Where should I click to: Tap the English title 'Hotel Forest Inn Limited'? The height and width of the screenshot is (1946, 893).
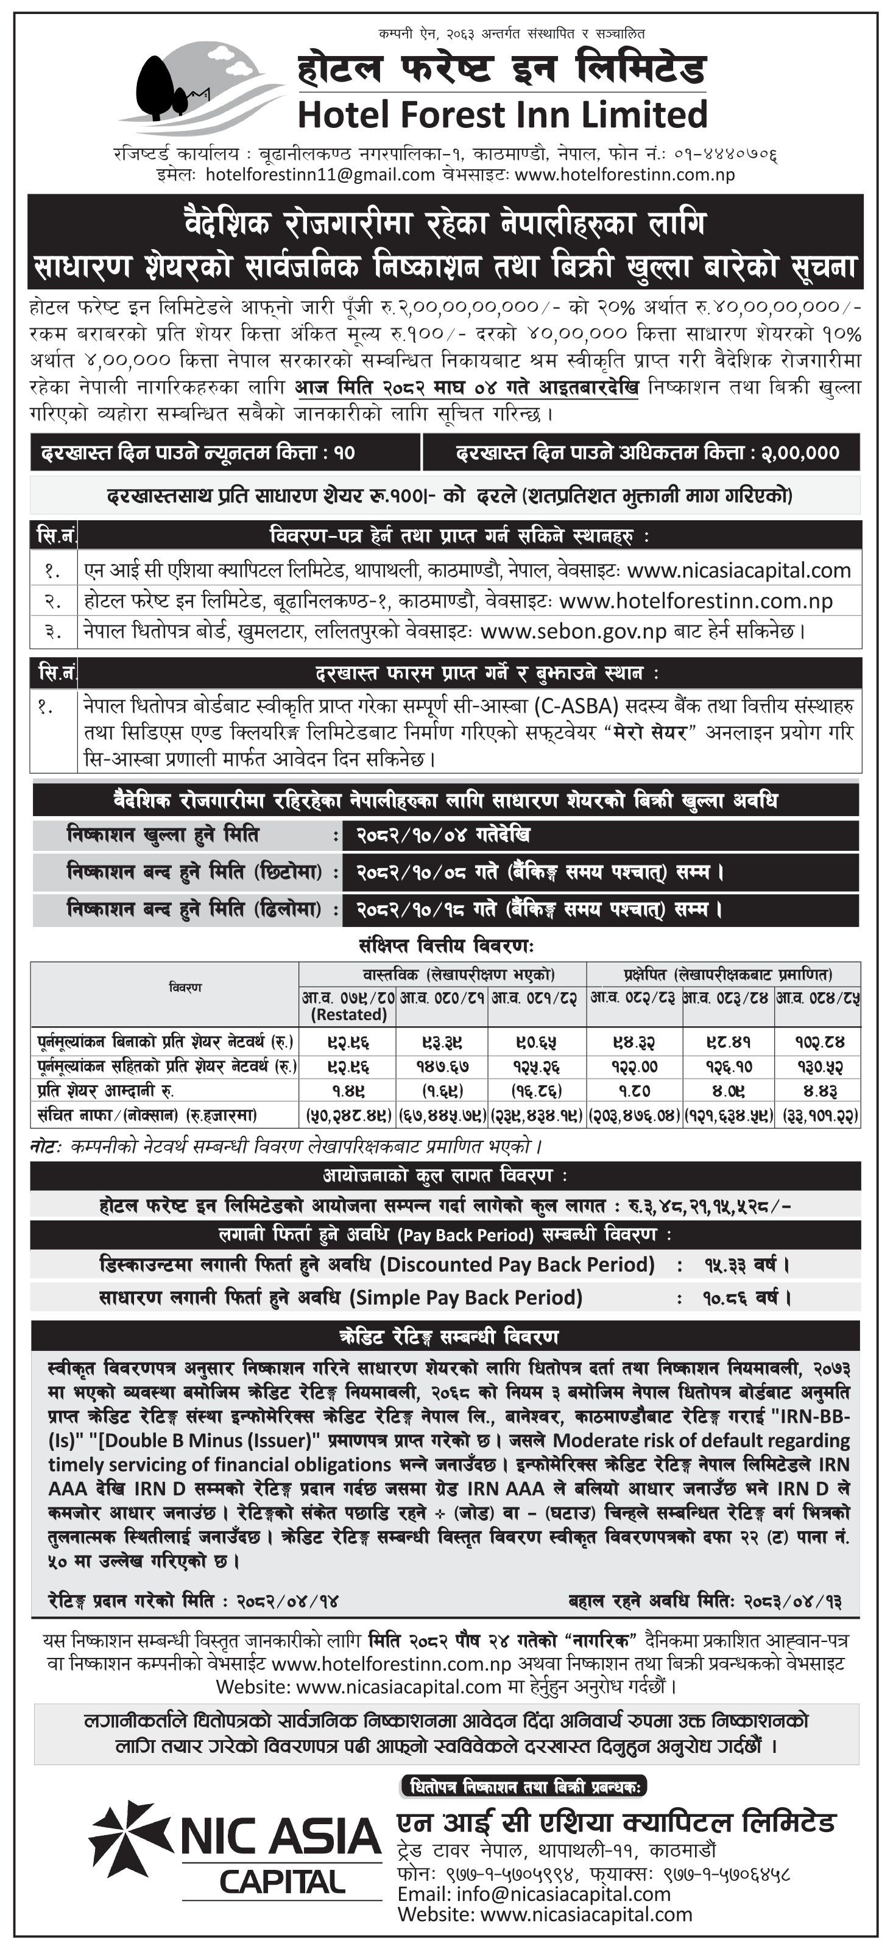[503, 115]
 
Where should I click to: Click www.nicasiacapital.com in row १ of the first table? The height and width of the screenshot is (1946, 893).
[738, 570]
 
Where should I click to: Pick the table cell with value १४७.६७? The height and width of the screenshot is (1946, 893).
[442, 1066]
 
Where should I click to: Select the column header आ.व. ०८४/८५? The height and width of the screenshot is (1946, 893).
[818, 998]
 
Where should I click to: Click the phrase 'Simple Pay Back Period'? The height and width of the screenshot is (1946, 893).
[465, 1298]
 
